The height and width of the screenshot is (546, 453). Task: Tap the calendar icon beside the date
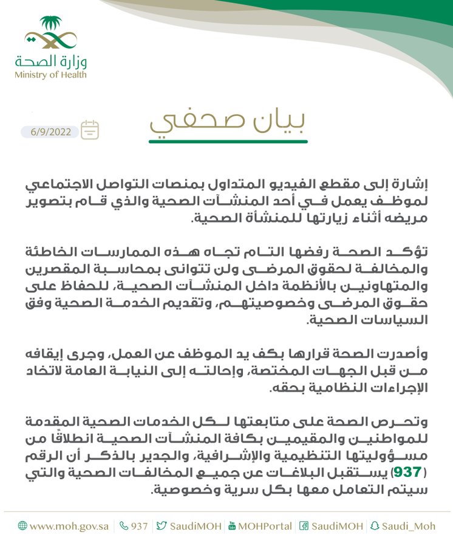click(x=90, y=130)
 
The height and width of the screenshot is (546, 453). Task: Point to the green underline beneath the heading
click(x=228, y=141)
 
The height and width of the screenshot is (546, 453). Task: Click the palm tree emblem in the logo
click(x=51, y=25)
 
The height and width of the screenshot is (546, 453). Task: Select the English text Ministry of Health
click(x=51, y=75)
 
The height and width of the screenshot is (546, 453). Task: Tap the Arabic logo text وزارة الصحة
click(x=51, y=61)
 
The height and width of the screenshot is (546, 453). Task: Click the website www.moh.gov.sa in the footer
click(x=69, y=526)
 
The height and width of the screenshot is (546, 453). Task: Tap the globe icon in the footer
click(x=22, y=526)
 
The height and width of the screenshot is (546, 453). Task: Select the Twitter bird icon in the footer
click(x=161, y=526)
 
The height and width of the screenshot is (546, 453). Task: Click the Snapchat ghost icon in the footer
click(x=374, y=526)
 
